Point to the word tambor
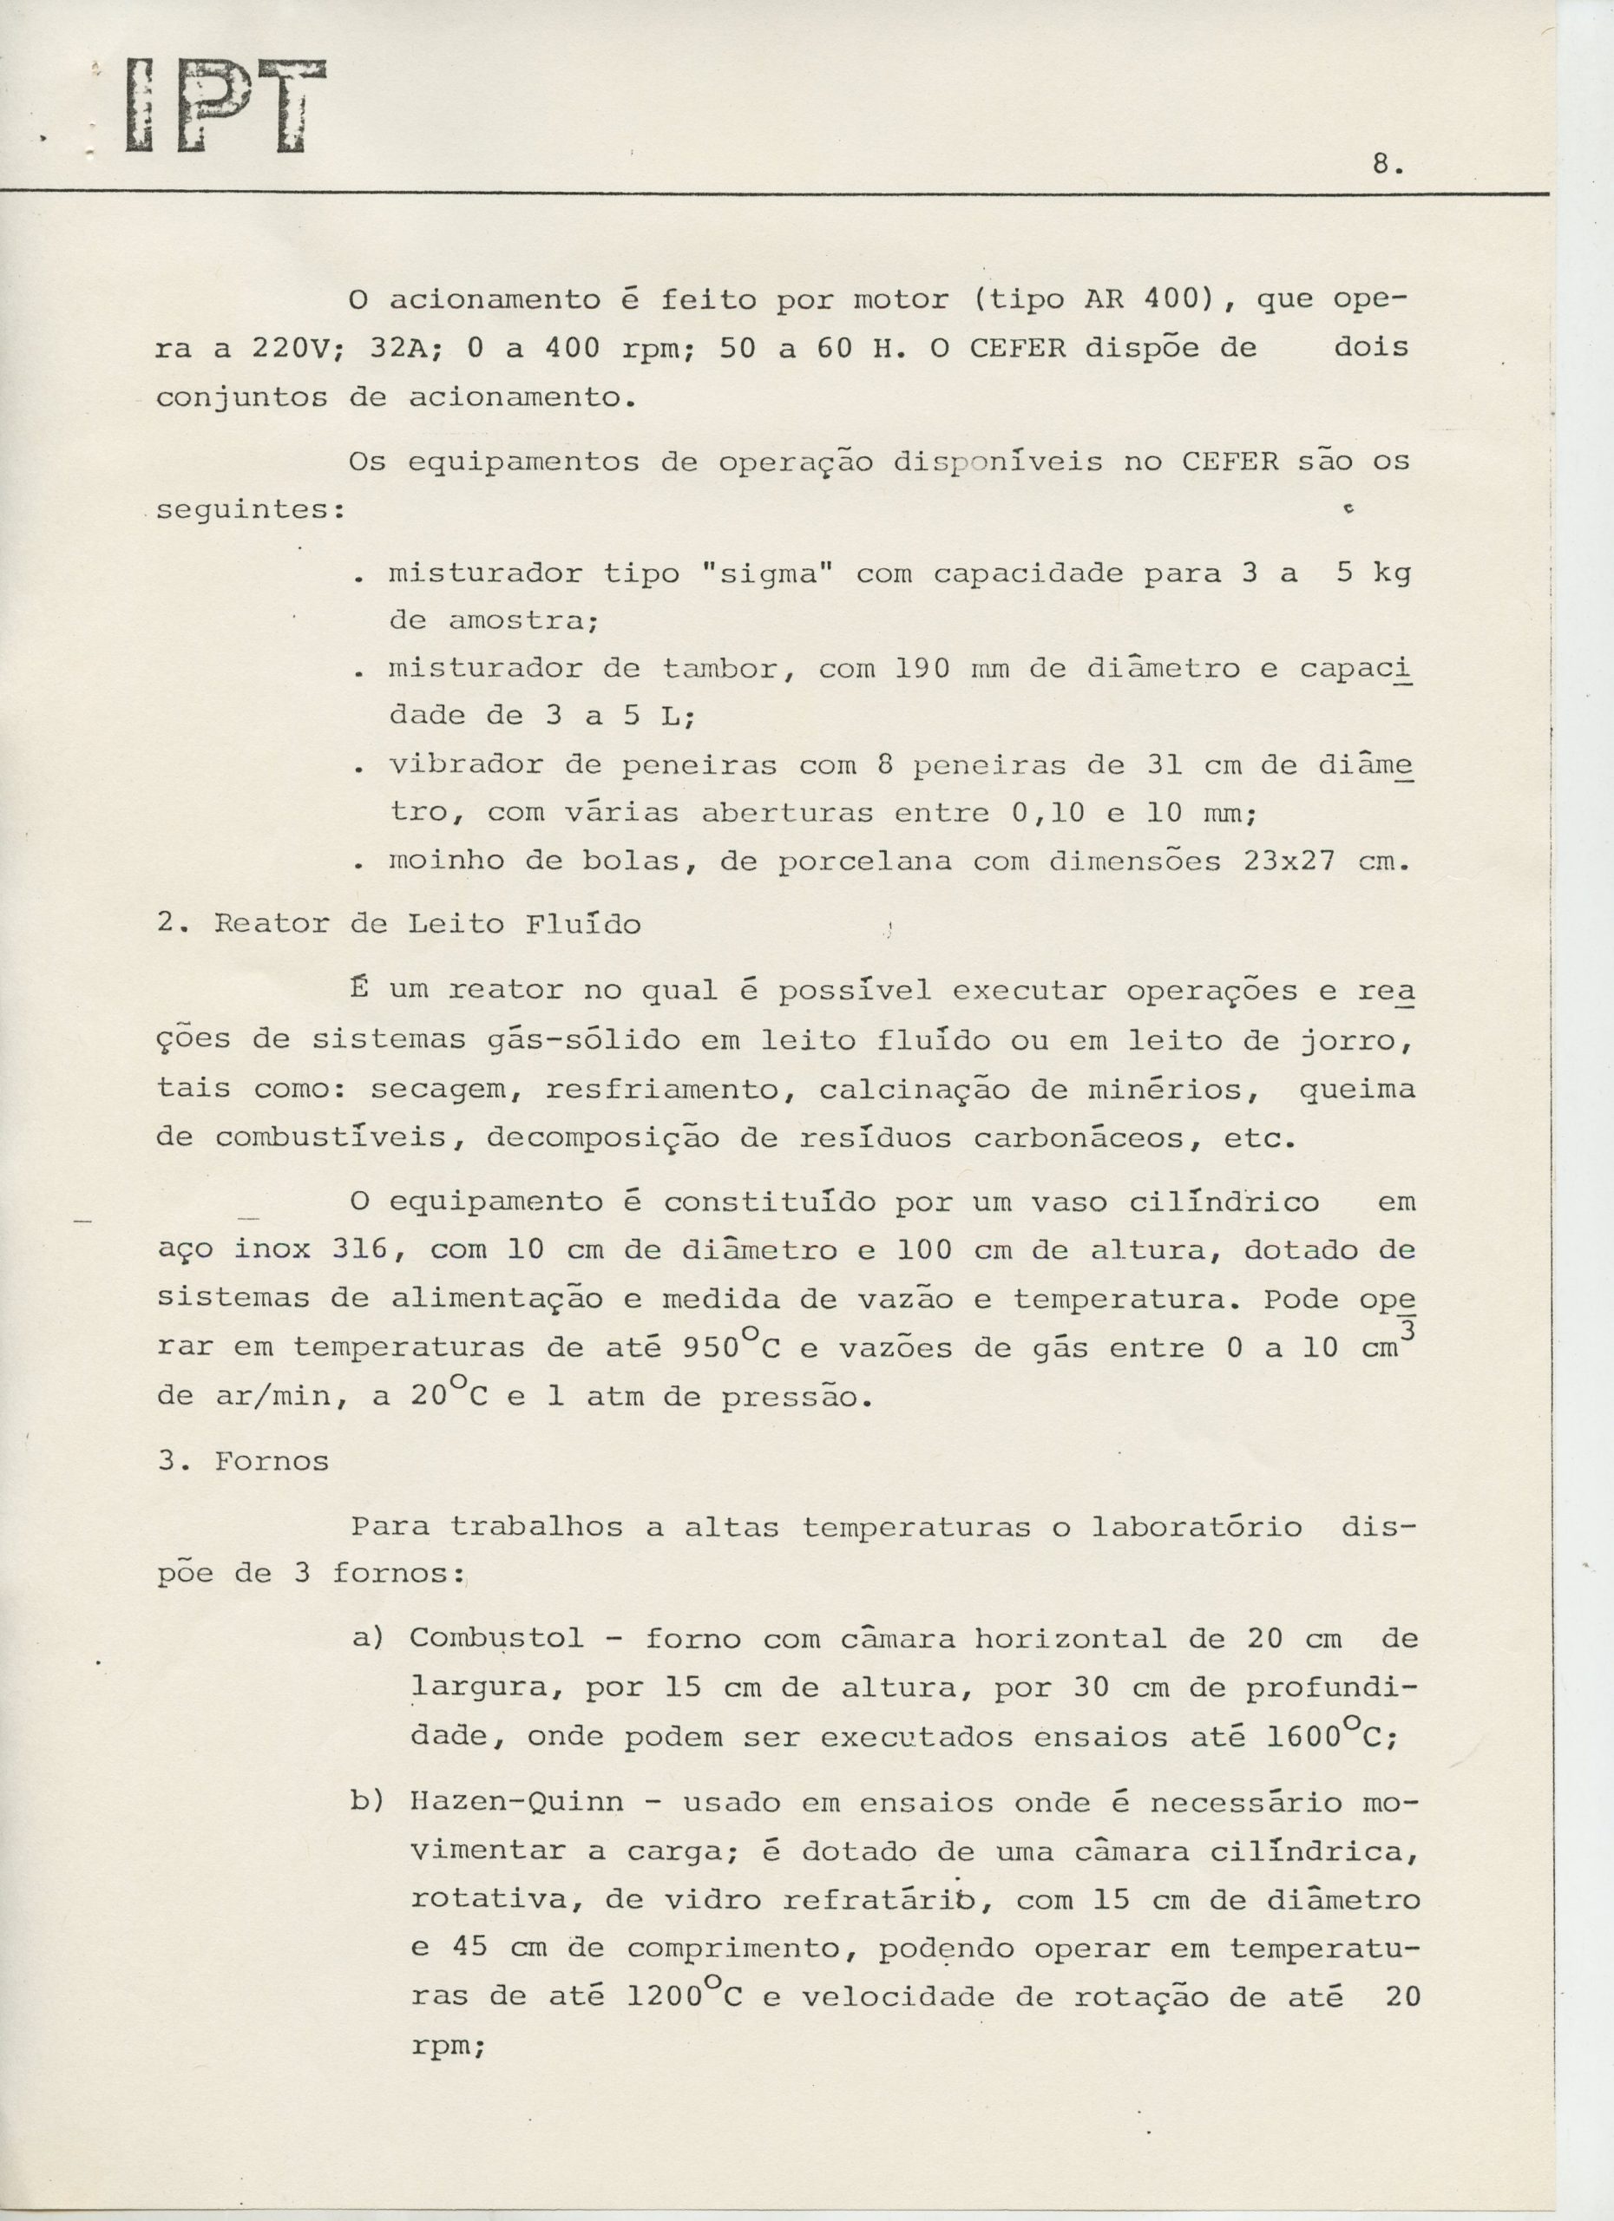click(721, 669)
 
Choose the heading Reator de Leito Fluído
click(427, 925)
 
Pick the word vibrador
click(465, 765)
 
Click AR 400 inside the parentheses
click(1140, 298)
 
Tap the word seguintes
click(249, 511)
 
